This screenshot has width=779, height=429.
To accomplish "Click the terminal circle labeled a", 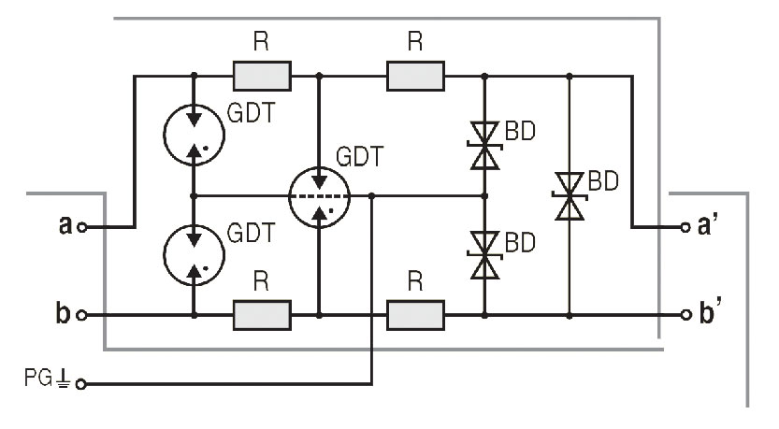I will click(83, 227).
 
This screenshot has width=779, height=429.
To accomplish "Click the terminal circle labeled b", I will click(83, 315).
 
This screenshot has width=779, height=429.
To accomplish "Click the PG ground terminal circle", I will click(80, 383).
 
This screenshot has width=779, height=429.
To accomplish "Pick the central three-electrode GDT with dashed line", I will click(319, 196).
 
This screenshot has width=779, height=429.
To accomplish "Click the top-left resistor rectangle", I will click(262, 75).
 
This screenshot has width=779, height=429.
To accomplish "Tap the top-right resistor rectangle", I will click(416, 75).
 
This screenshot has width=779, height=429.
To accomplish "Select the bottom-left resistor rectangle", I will click(262, 315).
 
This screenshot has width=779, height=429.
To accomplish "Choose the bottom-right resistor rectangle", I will click(416, 315).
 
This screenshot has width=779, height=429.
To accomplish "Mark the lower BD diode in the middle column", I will click(483, 255).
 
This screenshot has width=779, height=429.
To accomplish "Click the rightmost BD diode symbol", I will click(569, 195).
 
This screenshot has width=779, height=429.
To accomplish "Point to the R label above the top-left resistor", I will click(261, 43).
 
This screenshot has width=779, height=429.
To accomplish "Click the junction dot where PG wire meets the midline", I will click(373, 196).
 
